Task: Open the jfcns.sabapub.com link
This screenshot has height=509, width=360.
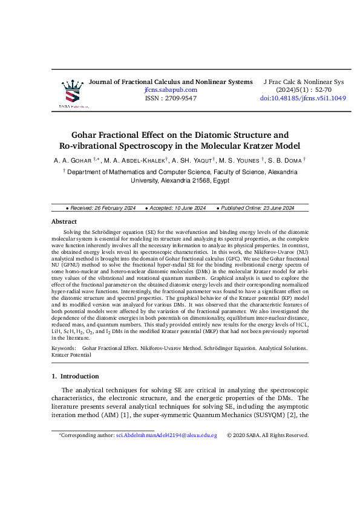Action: (x=171, y=89)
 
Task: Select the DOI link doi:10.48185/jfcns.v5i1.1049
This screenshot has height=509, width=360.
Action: (x=303, y=98)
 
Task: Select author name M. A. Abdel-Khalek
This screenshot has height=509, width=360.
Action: (x=136, y=160)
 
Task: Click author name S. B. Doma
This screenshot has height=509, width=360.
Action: (x=286, y=160)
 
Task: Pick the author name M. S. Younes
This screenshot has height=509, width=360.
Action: (x=240, y=160)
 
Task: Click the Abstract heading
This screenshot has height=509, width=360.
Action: (x=64, y=222)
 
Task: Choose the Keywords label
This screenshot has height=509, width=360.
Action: (x=64, y=349)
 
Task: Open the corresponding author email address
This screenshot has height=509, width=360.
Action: (x=166, y=435)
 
